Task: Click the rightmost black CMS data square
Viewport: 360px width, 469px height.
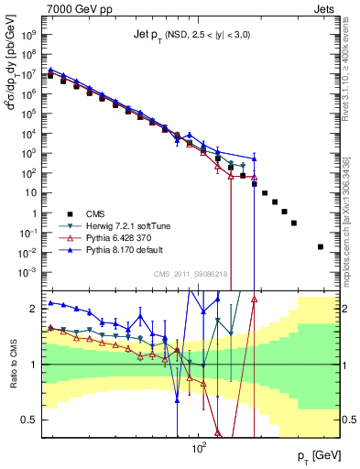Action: coord(320,246)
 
